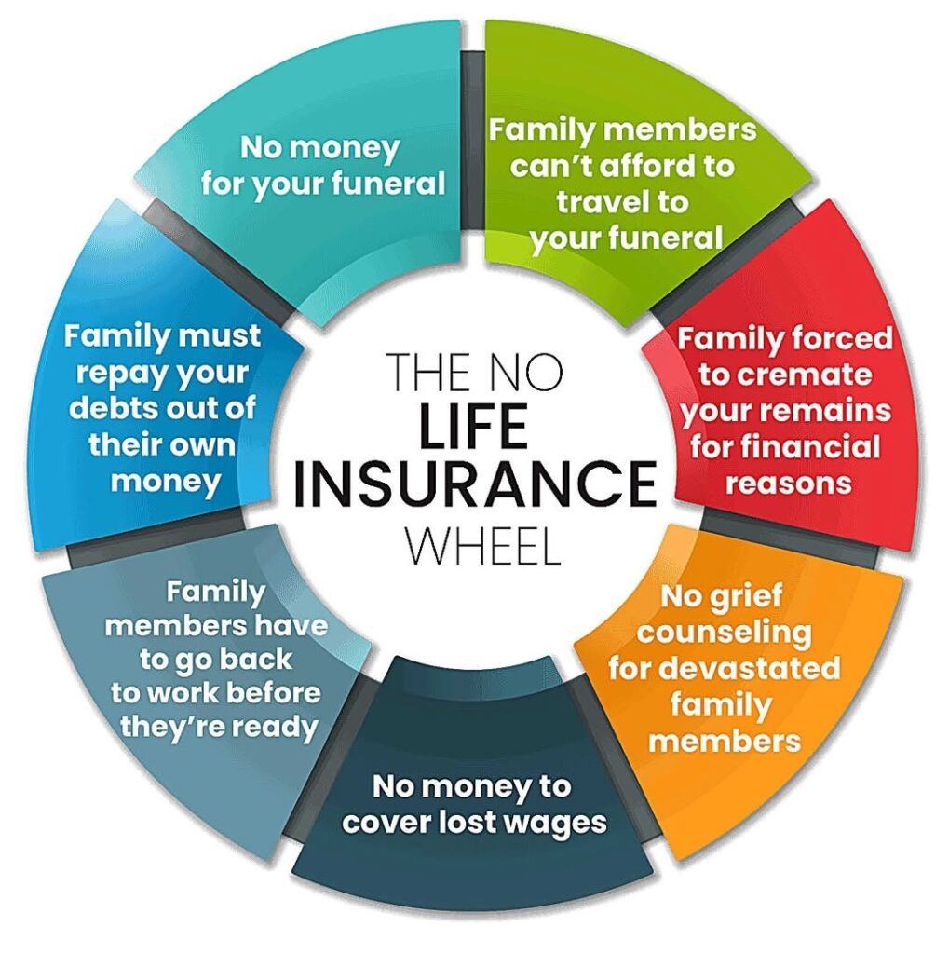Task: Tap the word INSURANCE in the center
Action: point(475,484)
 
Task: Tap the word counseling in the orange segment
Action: point(724,634)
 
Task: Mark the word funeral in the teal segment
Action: point(390,184)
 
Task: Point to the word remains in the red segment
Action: point(838,411)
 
